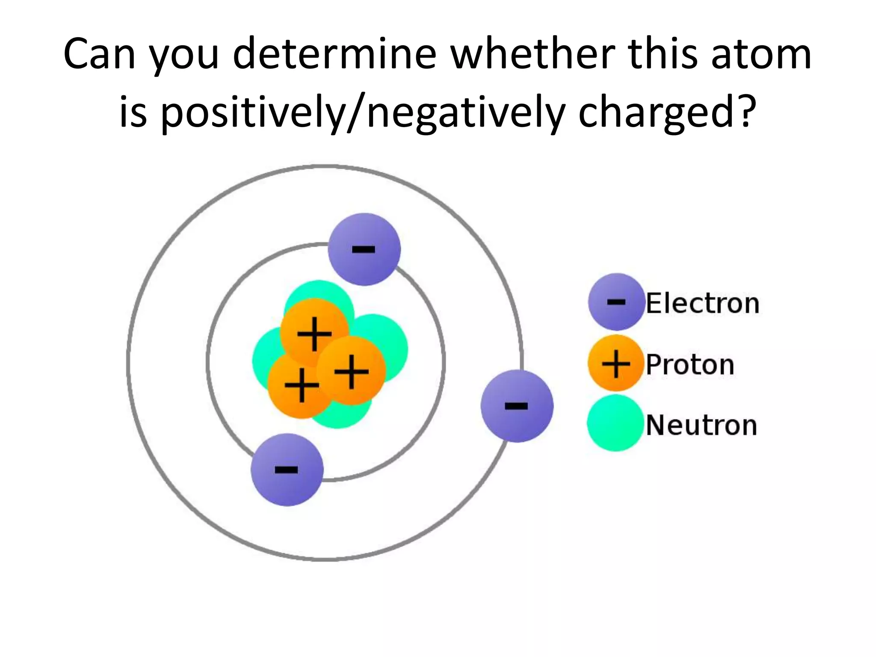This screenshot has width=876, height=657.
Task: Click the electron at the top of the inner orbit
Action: [364, 249]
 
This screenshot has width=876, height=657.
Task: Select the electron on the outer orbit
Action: [517, 405]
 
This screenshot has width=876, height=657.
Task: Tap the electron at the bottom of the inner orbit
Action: [287, 470]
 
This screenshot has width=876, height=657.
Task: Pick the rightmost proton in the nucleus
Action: [352, 370]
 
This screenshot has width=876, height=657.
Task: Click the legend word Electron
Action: [702, 303]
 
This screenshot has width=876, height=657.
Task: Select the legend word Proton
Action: [690, 364]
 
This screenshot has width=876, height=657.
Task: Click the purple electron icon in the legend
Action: [616, 302]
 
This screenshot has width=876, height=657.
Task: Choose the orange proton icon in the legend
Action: [616, 363]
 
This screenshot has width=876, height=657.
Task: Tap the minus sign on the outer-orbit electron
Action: [516, 405]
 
